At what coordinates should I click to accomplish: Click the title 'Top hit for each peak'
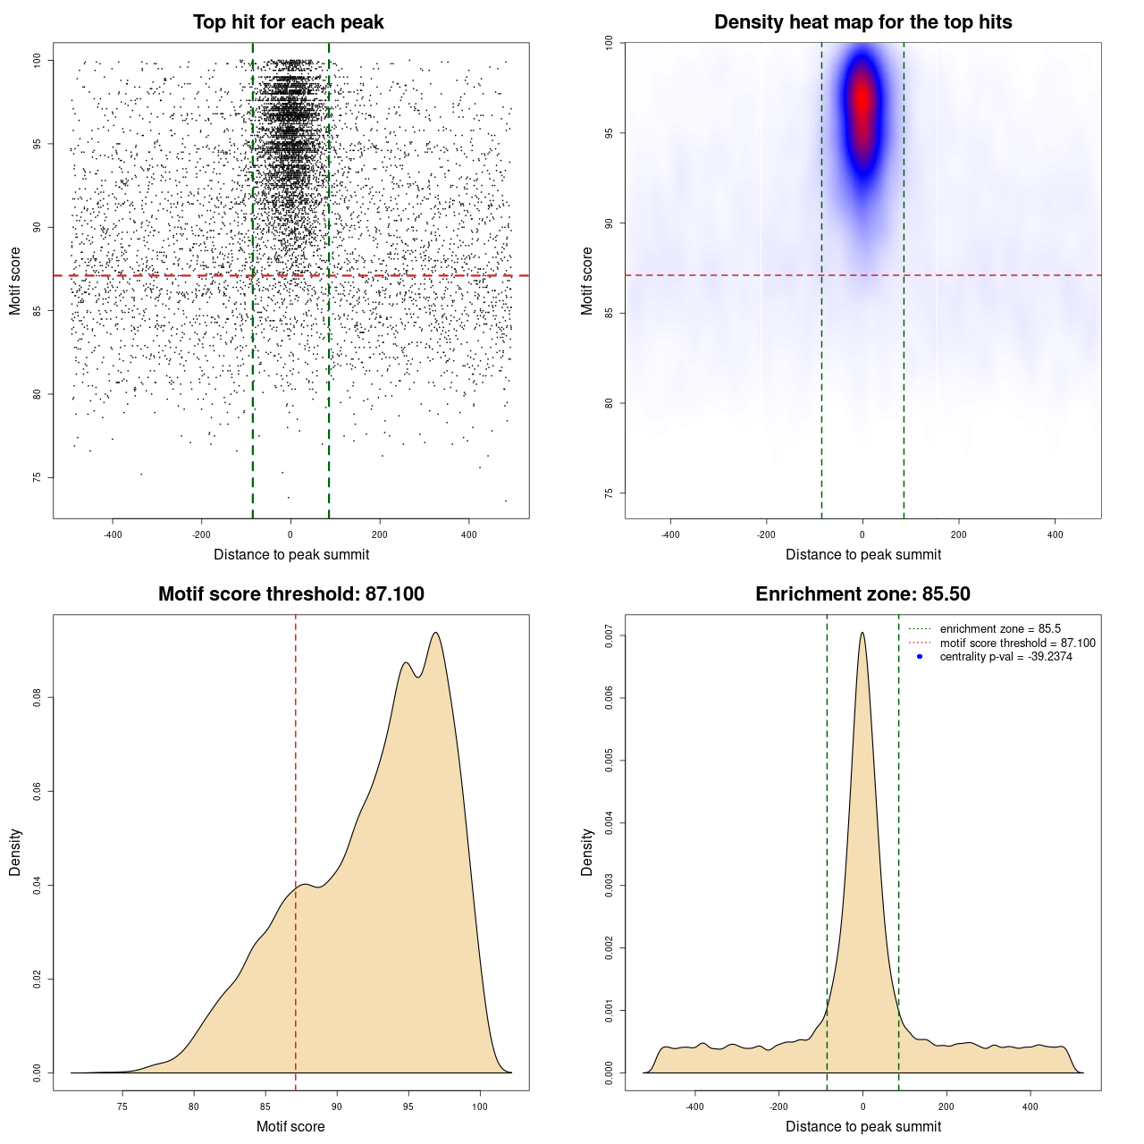288,22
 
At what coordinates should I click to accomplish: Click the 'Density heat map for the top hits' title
862,22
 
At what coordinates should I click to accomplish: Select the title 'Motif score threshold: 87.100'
290,594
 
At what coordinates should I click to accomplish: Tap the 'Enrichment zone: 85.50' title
862,594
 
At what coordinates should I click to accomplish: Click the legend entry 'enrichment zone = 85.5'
1000,629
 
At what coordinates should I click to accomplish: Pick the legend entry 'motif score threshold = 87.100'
1017,643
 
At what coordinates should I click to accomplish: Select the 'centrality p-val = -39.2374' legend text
1005,657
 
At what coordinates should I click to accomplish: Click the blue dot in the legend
920,657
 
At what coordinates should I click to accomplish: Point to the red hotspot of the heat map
862,98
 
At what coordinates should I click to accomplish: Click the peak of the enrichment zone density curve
862,633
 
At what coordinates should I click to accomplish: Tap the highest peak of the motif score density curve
435,633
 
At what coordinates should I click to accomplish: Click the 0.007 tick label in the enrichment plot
610,636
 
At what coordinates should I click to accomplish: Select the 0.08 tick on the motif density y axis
38,697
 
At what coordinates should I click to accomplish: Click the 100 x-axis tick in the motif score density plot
480,1106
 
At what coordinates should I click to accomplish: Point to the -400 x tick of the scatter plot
113,534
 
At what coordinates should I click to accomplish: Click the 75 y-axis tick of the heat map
610,493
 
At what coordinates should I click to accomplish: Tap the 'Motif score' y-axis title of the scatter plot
15,281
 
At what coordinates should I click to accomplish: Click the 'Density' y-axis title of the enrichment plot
587,852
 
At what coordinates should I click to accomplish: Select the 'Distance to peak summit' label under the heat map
862,554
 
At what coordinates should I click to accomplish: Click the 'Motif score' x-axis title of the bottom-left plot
290,1126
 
